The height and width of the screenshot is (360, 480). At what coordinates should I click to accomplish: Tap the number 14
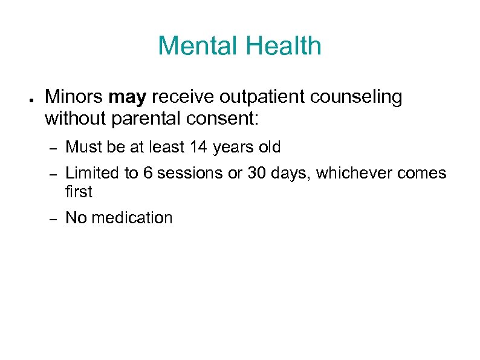click(198, 147)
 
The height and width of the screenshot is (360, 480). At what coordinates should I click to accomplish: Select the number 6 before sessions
click(148, 173)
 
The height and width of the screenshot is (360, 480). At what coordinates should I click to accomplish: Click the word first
click(79, 192)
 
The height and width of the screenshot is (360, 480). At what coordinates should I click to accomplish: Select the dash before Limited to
click(53, 174)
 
